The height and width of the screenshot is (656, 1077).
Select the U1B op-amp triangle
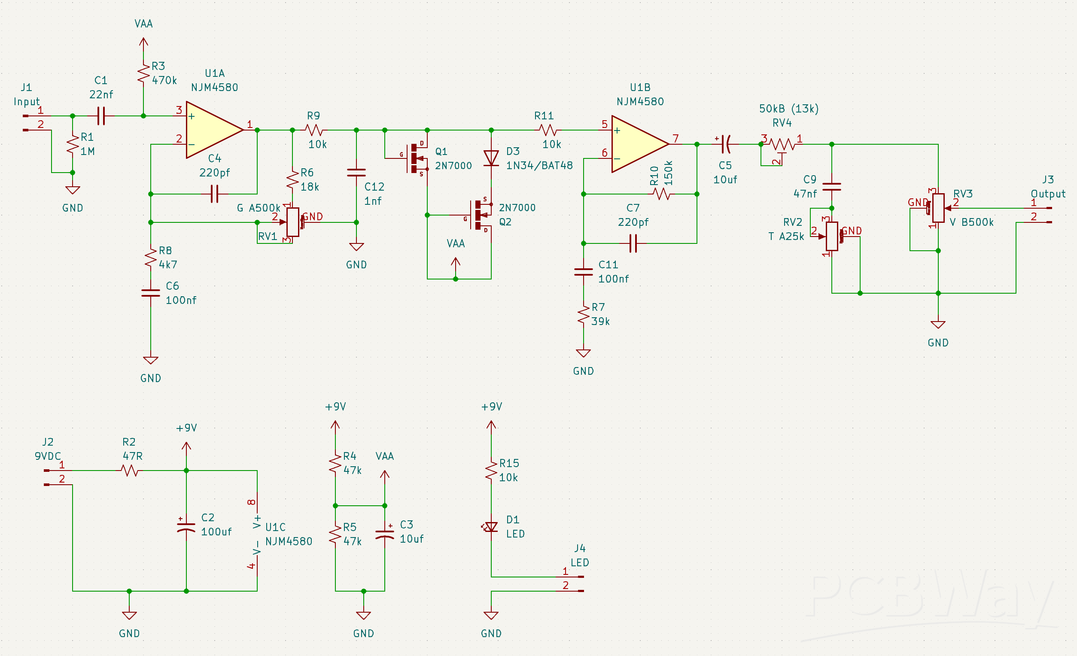[x=636, y=144]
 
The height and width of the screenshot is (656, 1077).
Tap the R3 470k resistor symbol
[x=143, y=74]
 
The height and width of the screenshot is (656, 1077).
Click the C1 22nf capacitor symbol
[x=101, y=116]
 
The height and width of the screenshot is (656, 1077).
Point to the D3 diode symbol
[x=491, y=158]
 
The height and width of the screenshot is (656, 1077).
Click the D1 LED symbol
[x=491, y=527]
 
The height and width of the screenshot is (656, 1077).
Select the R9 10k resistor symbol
[x=314, y=130]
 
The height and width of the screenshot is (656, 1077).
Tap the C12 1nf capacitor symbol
[x=356, y=173]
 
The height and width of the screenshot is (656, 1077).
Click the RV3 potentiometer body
[x=938, y=208]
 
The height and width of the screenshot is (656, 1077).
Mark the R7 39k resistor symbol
[x=584, y=315]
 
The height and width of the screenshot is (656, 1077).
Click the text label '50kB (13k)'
[x=788, y=109]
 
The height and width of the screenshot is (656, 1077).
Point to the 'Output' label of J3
[x=1048, y=194]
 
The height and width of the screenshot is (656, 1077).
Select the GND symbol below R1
[x=73, y=190]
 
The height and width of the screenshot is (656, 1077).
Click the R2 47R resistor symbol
[x=130, y=471]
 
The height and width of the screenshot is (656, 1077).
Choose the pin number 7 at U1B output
[x=676, y=139]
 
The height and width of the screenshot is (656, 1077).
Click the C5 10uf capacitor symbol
[x=726, y=144]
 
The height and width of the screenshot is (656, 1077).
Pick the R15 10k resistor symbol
[x=491, y=470]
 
